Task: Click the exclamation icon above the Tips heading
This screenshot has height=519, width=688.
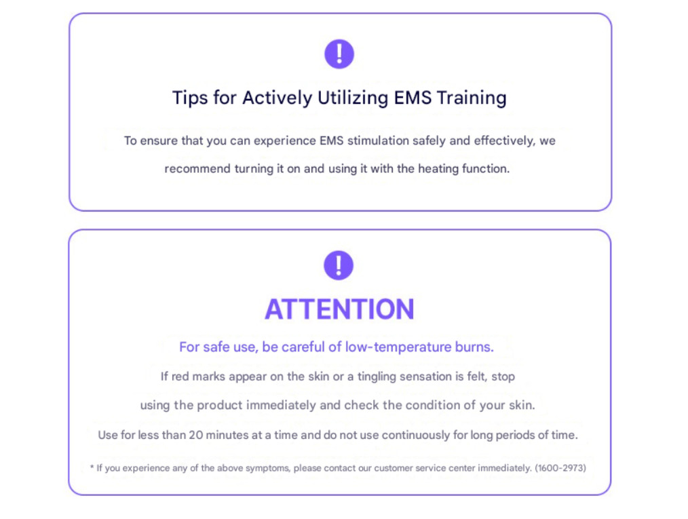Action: (339, 54)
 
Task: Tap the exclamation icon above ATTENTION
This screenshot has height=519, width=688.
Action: (339, 265)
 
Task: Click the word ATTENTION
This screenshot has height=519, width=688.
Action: (339, 309)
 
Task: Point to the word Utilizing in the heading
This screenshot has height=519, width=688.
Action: (354, 98)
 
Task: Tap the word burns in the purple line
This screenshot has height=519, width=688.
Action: (474, 347)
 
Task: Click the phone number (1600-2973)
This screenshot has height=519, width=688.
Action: (560, 468)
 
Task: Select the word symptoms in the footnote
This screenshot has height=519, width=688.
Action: (229, 468)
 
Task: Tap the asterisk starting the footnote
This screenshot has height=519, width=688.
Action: (92, 467)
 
